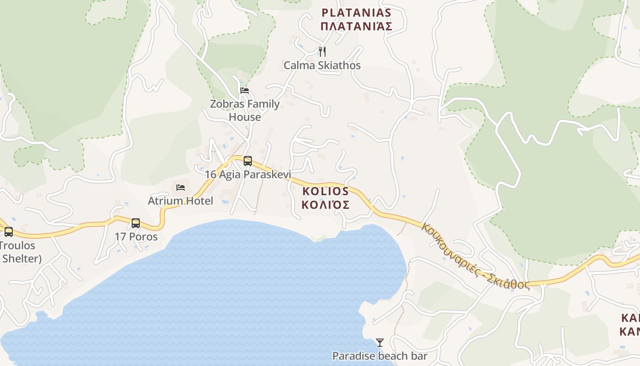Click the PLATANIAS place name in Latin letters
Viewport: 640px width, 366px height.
click(x=356, y=12)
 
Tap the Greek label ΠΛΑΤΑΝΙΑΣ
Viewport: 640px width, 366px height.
click(x=356, y=26)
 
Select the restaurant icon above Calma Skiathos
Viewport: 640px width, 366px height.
click(x=322, y=51)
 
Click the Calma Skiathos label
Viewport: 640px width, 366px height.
click(x=322, y=65)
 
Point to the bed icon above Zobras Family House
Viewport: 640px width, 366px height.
click(x=245, y=91)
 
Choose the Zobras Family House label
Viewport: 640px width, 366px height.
click(x=245, y=110)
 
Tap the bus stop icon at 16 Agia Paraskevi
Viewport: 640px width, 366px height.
click(x=248, y=161)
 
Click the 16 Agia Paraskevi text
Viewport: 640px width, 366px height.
click(x=248, y=174)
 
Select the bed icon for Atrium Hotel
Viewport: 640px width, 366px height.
click(x=181, y=188)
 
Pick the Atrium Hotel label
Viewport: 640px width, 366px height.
click(x=180, y=201)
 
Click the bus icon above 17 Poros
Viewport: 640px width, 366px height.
click(x=136, y=223)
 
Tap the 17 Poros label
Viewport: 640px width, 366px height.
click(x=136, y=237)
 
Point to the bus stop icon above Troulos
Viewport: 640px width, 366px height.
click(x=9, y=232)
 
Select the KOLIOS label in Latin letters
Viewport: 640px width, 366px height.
click(x=325, y=191)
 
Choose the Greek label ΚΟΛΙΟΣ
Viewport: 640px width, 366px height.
click(x=325, y=205)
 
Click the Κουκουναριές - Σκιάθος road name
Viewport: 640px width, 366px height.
click(x=475, y=256)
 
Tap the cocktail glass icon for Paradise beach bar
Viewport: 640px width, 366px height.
click(x=379, y=343)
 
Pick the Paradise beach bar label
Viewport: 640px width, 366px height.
click(x=379, y=356)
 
